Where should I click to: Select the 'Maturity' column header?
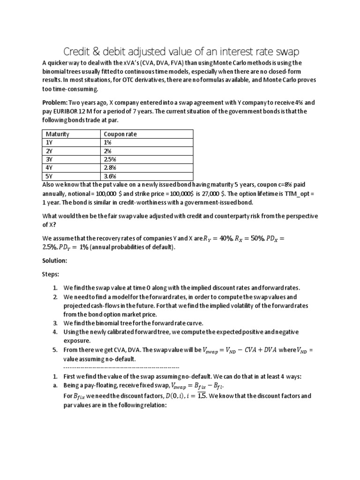(x=58, y=134)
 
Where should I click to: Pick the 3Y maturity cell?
(x=49, y=160)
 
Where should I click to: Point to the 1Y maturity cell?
(x=49, y=142)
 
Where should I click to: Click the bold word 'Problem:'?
(x=55, y=103)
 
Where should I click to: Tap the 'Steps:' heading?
(x=51, y=274)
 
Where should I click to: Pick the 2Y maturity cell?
(x=49, y=151)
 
